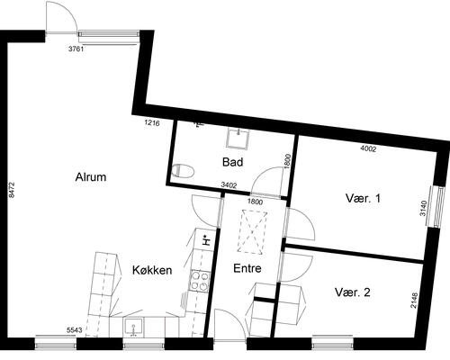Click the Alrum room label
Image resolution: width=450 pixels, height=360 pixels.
pos(91,177)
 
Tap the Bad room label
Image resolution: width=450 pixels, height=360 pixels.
pos(232,162)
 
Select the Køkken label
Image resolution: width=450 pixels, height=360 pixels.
pos(152,270)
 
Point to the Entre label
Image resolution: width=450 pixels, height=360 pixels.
pos(247,268)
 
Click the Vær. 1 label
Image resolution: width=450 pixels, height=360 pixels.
pos(363,198)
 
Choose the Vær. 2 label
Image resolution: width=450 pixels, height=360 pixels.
pos(353,292)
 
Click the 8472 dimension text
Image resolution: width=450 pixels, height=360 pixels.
pos(12,190)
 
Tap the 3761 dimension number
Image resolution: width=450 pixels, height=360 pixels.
pos(76,49)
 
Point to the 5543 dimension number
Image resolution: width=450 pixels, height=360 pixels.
pos(75,330)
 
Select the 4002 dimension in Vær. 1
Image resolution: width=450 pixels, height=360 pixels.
pos(368,148)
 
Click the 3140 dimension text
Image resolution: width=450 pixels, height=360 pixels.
pos(423,209)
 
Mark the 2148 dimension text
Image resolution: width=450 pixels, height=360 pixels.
pos(413,301)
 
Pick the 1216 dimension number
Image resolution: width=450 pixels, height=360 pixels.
pos(152,122)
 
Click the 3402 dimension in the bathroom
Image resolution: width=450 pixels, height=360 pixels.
pos(229,185)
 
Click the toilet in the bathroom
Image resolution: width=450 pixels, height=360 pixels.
pos(184,171)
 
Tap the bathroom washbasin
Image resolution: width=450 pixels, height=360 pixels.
pos(238,139)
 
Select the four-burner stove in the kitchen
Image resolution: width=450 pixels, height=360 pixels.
pos(199,281)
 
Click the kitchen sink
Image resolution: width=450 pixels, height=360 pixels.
pos(134,327)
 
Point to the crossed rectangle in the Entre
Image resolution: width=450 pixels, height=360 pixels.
pos(252,232)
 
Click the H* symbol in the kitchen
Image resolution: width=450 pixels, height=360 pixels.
pos(206,240)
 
